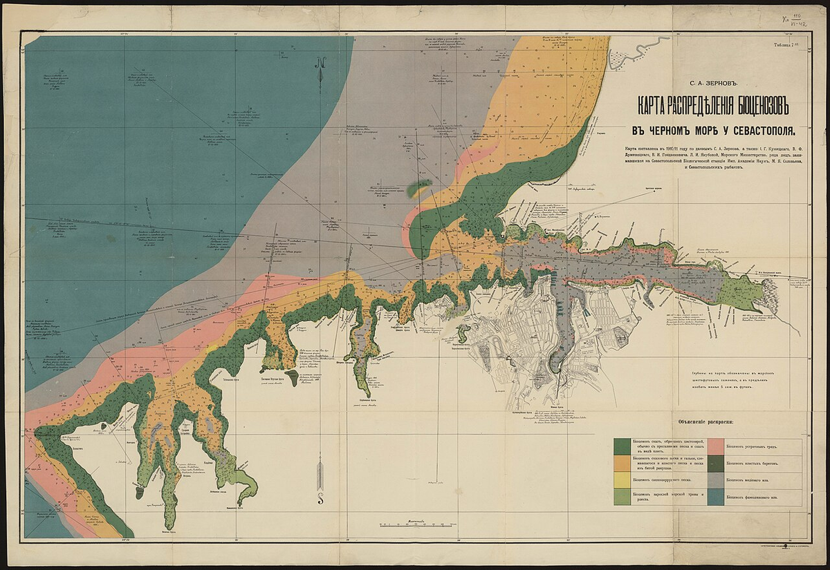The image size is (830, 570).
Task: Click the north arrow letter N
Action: (322, 61)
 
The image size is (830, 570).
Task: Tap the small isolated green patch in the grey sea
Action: (418, 187)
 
